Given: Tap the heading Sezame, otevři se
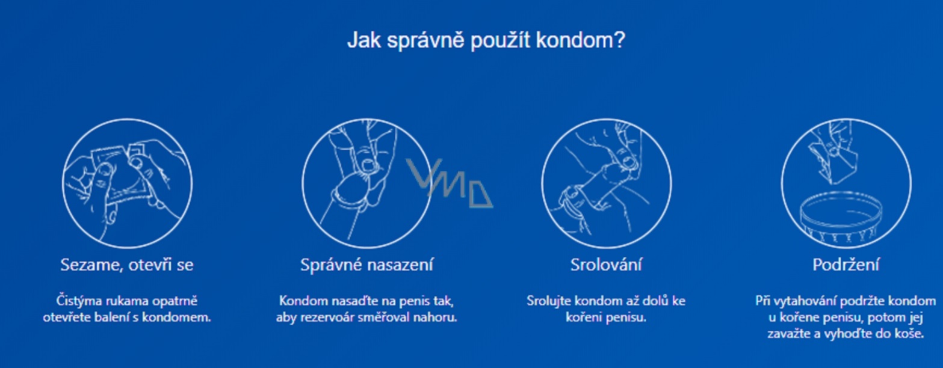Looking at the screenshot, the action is (127, 265).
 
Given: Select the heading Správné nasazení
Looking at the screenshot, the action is (366, 265).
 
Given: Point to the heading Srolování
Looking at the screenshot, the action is (606, 265).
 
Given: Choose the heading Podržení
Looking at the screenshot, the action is (846, 265).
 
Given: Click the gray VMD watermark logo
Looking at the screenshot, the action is (449, 183).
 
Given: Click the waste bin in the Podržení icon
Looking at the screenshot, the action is (841, 219).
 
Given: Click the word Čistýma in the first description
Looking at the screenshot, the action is (79, 301).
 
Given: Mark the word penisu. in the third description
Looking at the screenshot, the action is (626, 317).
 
